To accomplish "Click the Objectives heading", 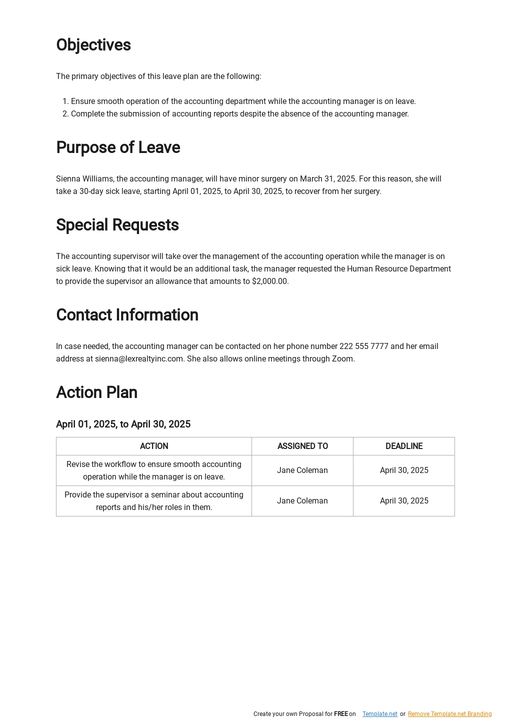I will point(93,45).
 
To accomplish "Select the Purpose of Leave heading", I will point(118,147).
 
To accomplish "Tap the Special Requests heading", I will point(117,225).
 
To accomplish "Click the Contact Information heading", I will point(127,315).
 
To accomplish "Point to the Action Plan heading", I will point(96,392).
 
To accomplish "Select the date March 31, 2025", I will point(327,179).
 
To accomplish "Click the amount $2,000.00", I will point(269,281).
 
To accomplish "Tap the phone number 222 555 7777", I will point(363,346).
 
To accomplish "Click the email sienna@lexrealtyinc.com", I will point(139,359).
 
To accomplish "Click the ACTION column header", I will point(154,446).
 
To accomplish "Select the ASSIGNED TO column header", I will point(302,446).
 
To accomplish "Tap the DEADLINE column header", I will point(404,446).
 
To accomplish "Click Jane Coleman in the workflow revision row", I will point(302,470).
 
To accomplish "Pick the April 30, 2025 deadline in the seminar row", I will point(404,501).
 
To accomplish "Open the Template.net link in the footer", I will point(379,714).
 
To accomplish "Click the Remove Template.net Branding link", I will point(449,714).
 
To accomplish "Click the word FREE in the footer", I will point(340,714).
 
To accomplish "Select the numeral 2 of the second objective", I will point(65,114).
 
